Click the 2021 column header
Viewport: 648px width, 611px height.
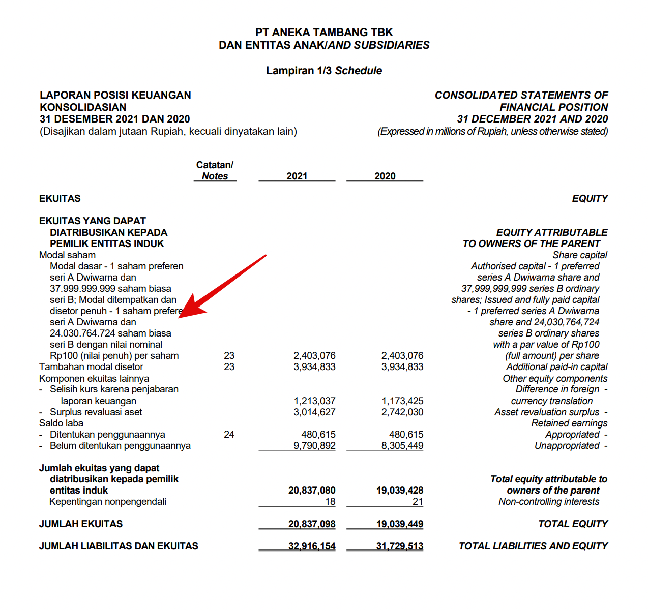[297, 176]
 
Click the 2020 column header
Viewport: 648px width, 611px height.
[385, 176]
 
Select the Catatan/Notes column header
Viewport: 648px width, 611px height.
[215, 171]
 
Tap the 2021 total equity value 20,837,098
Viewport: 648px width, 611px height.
[312, 524]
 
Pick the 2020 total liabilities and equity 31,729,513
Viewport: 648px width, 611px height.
[400, 546]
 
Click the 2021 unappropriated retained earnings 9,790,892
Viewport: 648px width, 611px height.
[314, 445]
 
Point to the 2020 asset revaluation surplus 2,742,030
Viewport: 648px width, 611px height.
[402, 412]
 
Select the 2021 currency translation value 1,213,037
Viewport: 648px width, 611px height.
[314, 401]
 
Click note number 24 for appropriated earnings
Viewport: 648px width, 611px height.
[229, 434]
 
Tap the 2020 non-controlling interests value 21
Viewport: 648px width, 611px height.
[418, 501]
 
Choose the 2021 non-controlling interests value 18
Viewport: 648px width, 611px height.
[330, 501]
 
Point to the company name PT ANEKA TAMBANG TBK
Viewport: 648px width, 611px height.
[324, 32]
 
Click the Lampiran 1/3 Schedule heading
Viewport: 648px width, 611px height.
[324, 70]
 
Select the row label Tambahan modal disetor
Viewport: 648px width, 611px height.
[91, 366]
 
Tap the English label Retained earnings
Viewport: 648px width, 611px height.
[569, 423]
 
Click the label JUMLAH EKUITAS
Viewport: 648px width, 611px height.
[81, 524]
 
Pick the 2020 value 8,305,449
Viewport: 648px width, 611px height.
[402, 445]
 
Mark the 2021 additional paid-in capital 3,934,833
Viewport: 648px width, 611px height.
[314, 366]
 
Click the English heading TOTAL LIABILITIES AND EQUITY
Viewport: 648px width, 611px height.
[533, 546]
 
